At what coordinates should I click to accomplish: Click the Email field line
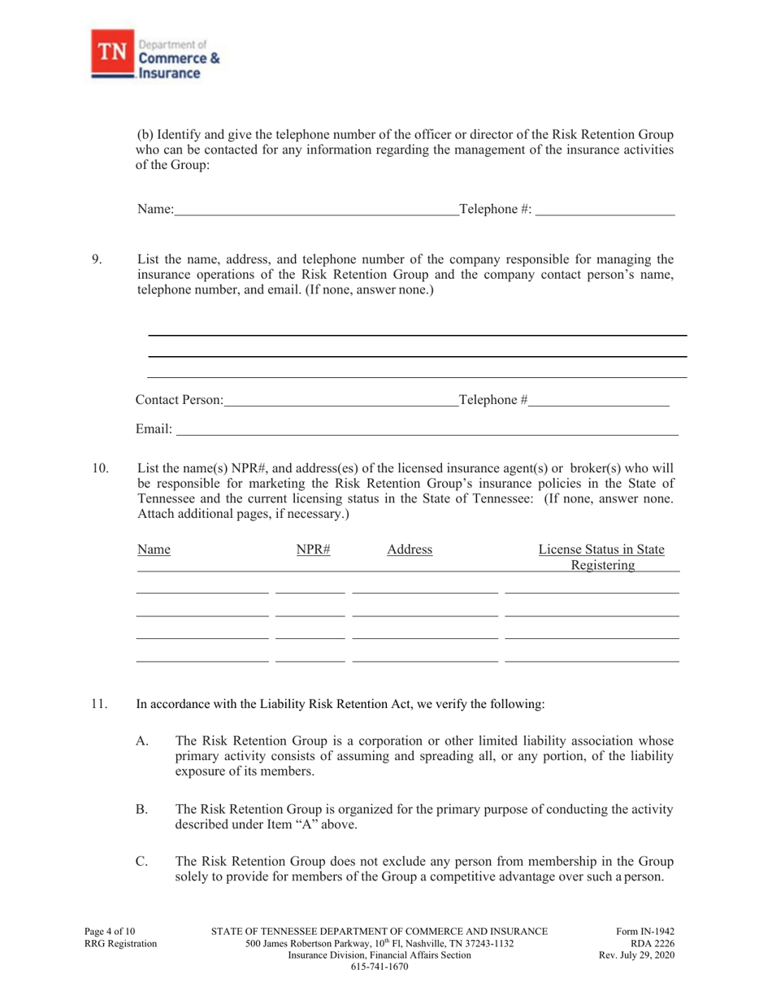click(427, 428)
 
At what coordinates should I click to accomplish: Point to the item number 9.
click(97, 260)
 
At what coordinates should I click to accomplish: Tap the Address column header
click(410, 550)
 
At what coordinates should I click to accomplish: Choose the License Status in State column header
click(601, 550)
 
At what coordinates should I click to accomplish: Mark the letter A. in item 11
click(142, 741)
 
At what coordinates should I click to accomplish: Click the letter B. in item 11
click(142, 809)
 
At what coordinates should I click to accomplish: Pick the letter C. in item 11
click(142, 861)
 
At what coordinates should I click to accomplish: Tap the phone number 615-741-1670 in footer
click(379, 967)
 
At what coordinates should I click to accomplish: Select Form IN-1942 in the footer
click(647, 932)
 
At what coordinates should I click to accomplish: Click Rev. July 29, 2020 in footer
click(636, 955)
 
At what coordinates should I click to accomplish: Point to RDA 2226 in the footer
click(653, 943)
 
